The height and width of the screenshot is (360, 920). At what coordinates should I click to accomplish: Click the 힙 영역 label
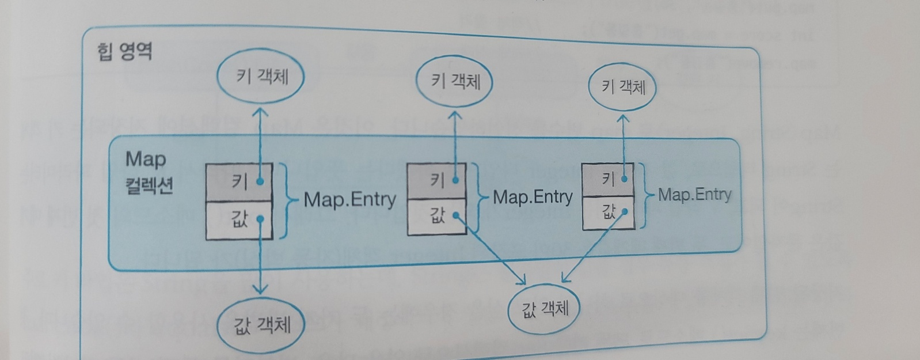124,52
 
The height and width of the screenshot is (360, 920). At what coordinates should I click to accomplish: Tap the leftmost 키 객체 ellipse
260,77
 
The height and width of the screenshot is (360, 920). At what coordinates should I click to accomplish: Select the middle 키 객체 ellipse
455,81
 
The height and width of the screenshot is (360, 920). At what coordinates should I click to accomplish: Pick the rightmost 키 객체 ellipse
622,87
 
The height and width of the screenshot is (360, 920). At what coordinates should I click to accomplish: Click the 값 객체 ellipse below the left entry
261,326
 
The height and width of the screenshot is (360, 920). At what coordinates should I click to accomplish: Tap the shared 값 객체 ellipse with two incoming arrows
544,310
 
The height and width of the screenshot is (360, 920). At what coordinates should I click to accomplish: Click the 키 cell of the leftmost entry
239,182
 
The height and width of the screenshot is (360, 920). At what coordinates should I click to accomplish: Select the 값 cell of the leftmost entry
239,219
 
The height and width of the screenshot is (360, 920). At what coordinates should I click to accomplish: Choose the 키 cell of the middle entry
436,181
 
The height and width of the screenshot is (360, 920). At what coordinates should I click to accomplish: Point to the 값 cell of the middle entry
436,217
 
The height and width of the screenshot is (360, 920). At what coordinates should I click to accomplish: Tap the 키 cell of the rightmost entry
607,180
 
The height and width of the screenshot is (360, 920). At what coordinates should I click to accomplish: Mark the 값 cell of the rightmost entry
608,213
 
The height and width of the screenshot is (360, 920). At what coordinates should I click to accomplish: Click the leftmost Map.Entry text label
349,200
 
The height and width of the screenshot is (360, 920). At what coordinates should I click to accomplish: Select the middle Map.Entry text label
533,198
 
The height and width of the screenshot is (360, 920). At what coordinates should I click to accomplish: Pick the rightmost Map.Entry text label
694,195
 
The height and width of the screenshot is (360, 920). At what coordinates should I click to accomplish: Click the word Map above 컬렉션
146,159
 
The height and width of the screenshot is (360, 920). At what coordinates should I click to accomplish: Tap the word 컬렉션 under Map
149,185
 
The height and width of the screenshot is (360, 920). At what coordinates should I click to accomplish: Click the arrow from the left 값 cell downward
261,259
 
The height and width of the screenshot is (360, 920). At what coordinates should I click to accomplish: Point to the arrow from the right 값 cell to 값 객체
593,248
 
